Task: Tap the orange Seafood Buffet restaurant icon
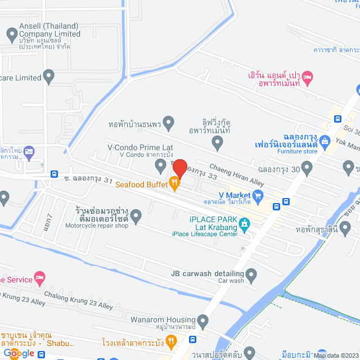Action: coord(175,181)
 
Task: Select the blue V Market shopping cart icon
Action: coord(258,195)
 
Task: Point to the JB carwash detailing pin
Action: coord(251,276)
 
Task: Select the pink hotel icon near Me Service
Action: coord(39,277)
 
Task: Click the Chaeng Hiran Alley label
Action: coord(237,174)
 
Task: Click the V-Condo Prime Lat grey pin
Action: coord(160,165)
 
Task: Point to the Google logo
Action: coord(18,353)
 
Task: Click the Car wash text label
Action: coord(230,281)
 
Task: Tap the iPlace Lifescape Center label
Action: coord(205,234)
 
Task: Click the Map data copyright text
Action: coord(335,355)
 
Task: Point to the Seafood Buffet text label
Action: coord(141,184)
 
